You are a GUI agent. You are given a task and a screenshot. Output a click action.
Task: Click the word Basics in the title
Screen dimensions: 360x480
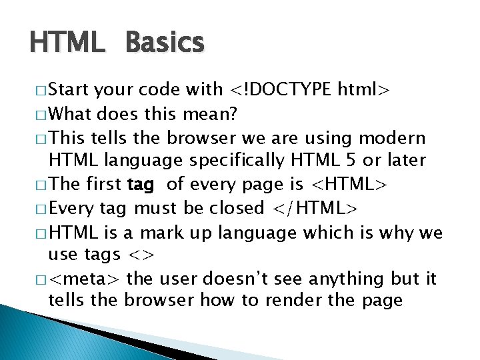point(164,43)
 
